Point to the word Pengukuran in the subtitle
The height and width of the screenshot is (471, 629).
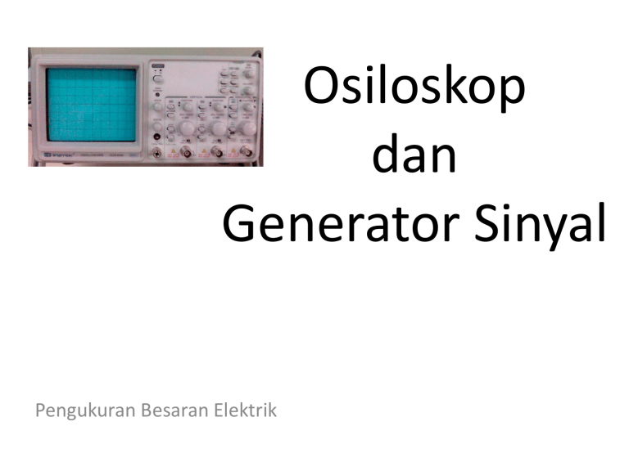point(80,410)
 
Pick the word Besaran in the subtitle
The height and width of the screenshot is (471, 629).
point(168,410)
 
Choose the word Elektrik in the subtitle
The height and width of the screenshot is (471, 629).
point(245,410)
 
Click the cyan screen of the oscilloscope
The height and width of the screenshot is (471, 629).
point(91,103)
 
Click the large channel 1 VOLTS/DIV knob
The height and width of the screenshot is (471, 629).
point(188,128)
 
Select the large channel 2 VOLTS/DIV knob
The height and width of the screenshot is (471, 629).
point(219,128)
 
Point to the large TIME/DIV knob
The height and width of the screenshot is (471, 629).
point(248,128)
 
